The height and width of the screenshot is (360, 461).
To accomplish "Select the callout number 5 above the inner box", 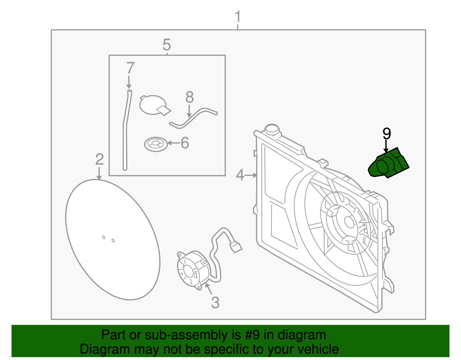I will [x=167, y=45].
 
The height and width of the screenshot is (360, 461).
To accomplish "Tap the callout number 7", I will [x=130, y=68].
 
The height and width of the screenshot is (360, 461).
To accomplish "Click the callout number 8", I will [x=189, y=97].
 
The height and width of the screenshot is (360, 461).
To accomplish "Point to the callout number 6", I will [x=185, y=143].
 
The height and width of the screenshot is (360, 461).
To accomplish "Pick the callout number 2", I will [x=99, y=159].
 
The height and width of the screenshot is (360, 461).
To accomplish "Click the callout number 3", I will [x=215, y=303].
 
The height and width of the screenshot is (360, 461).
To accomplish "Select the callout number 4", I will [x=240, y=175].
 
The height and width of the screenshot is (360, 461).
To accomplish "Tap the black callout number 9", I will [x=386, y=134].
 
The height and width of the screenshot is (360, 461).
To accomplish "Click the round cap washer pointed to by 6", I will [x=156, y=144].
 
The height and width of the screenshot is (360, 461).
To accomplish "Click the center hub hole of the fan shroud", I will [x=349, y=222].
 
